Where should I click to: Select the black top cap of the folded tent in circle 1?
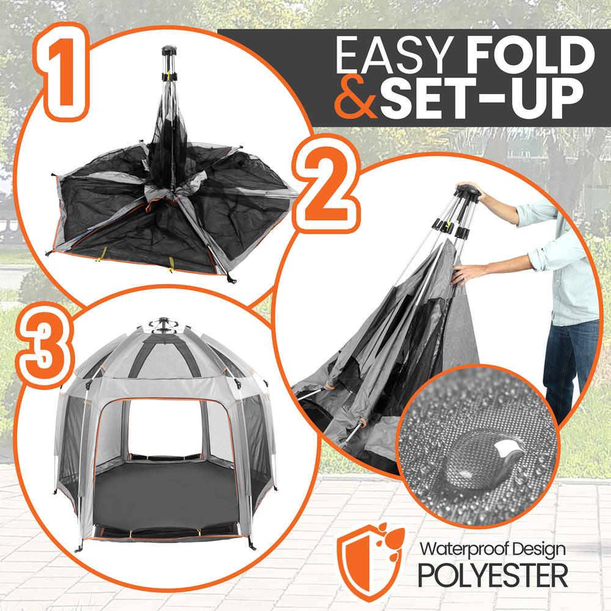point(169,51)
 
